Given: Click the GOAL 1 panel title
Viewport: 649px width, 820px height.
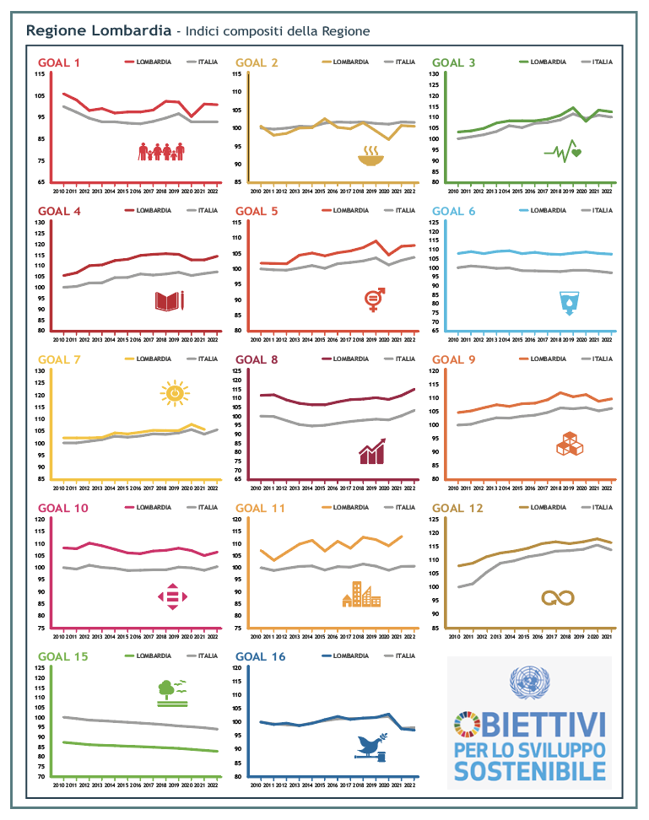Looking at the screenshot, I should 59,62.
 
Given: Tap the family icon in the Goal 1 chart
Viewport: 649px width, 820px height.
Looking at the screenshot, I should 161,152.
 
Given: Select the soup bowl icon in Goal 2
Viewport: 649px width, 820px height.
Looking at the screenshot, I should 369,155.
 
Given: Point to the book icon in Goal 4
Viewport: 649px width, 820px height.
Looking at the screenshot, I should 169,300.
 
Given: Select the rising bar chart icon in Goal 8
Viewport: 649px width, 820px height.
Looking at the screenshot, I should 372,451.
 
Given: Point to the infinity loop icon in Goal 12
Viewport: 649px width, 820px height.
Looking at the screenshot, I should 558,597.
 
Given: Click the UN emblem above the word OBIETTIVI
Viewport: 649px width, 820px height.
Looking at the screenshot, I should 528,682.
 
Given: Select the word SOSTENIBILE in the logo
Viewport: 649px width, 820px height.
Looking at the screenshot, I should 529,770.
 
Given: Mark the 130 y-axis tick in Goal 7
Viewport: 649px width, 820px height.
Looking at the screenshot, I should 40,371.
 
